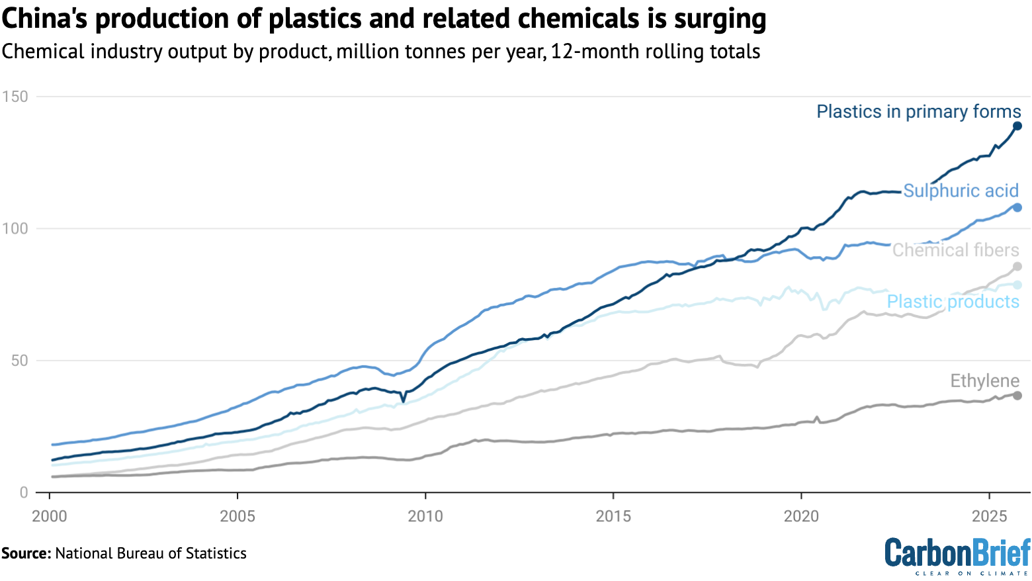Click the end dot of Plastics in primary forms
tap(1017, 126)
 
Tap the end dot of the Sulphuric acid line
tap(1017, 208)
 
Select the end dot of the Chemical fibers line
tap(1017, 267)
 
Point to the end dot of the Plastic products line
tap(1017, 285)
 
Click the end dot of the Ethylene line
tap(1017, 396)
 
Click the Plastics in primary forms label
tap(918, 112)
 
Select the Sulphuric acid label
tap(961, 191)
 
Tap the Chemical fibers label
tap(955, 250)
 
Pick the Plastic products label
tap(953, 302)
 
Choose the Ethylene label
tap(984, 381)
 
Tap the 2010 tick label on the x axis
tap(425, 516)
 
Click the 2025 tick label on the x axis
tap(989, 516)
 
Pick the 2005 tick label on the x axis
tap(237, 516)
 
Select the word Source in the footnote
tap(25, 554)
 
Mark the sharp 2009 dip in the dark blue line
tap(404, 401)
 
